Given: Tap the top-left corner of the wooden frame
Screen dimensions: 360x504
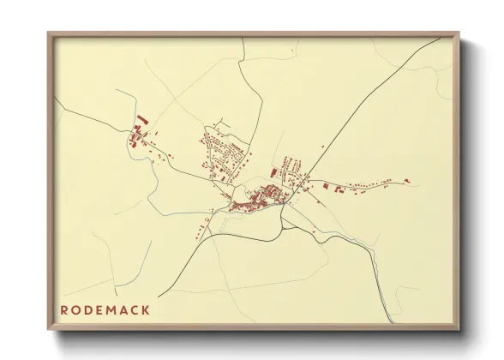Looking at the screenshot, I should (49, 33).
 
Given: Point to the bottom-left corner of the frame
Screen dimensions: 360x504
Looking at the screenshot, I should (49, 330).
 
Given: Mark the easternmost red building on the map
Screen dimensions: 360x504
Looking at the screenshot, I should (406, 180).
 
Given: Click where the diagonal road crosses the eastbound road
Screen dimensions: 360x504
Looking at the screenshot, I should (309, 179).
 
